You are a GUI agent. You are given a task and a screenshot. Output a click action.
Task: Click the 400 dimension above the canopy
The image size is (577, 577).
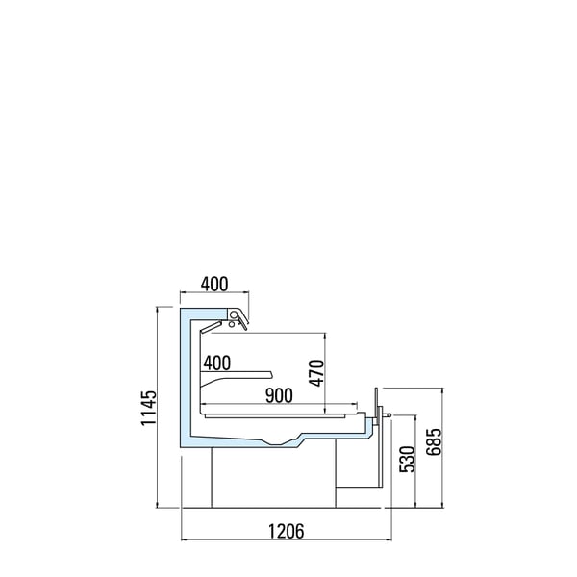(214, 284)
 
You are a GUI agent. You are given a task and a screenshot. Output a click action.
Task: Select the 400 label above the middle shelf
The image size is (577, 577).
(216, 363)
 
